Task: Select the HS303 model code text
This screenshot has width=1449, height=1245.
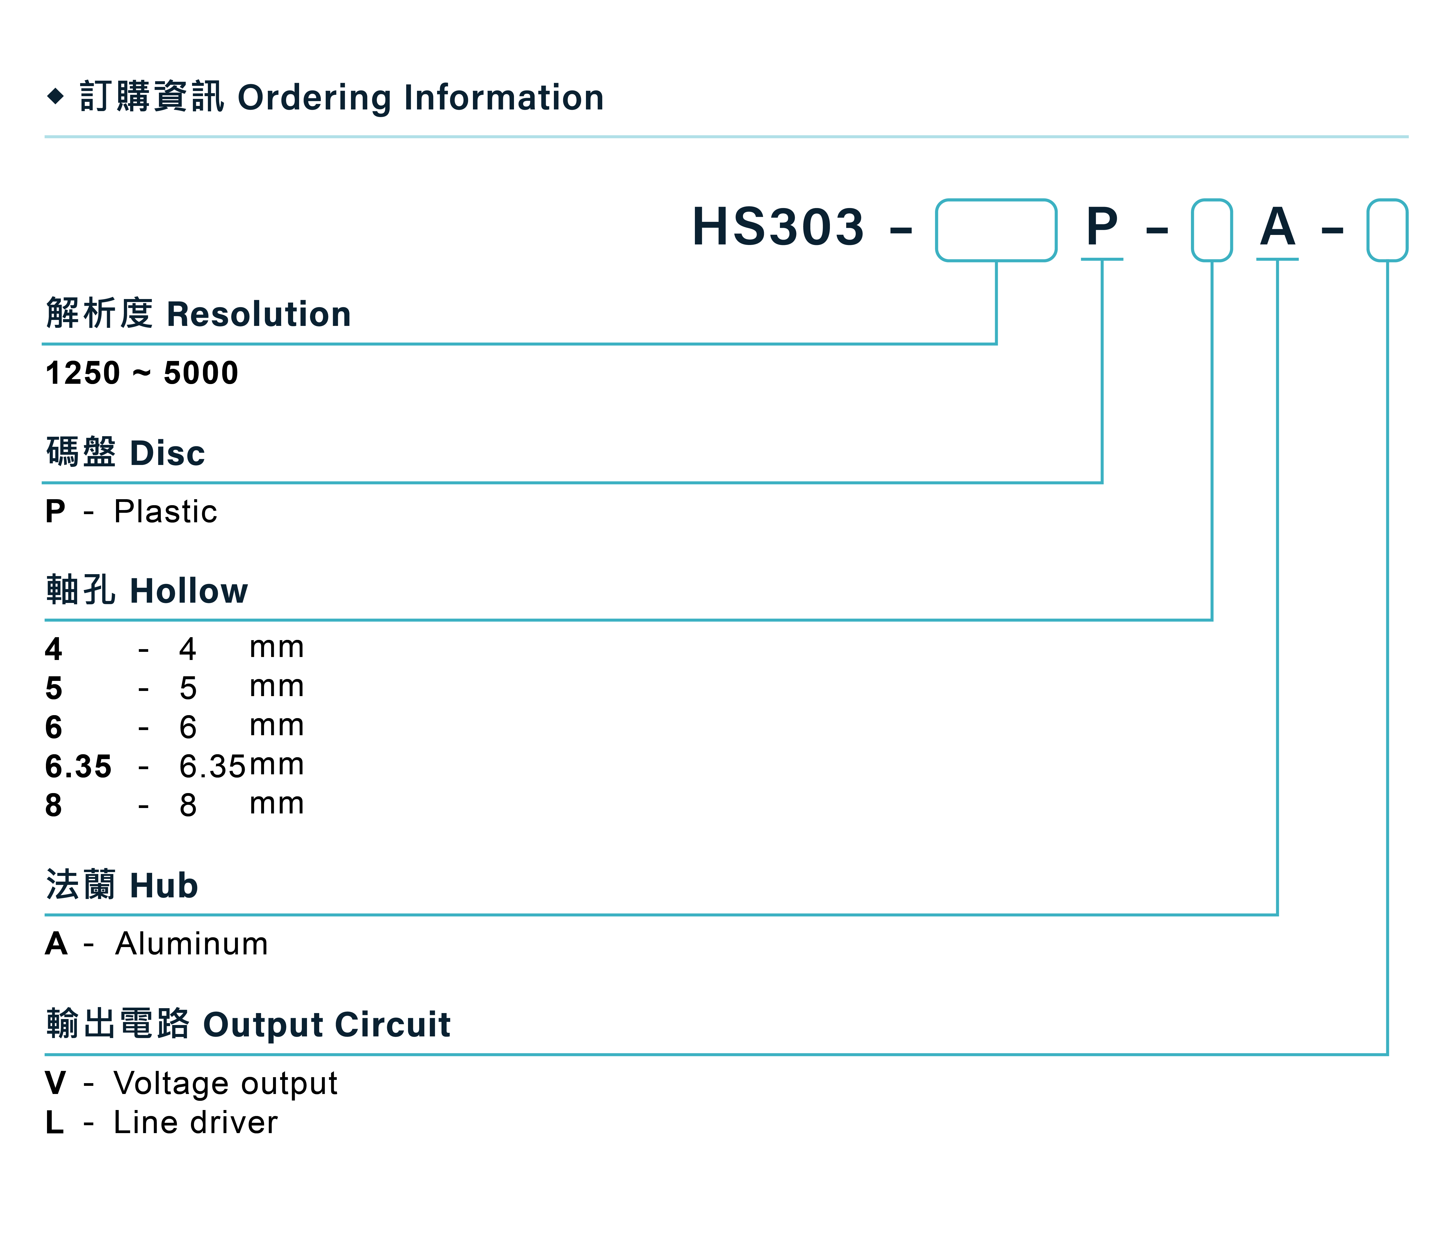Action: [x=778, y=227]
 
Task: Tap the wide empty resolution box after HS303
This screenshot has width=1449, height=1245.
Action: [x=996, y=230]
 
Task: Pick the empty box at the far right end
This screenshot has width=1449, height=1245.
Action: [x=1387, y=230]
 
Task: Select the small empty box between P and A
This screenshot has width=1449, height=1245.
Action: [x=1212, y=230]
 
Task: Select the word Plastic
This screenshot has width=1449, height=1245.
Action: [x=166, y=512]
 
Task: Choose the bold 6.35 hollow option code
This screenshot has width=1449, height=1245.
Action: [x=78, y=767]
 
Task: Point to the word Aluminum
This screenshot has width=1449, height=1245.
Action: [x=192, y=944]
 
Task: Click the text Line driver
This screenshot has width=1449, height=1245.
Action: [x=196, y=1123]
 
